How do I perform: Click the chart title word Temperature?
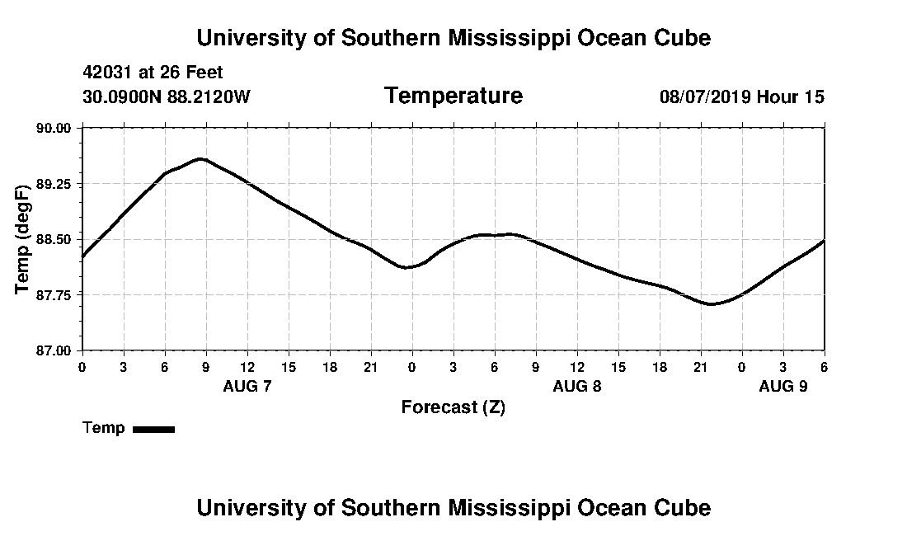coord(453,96)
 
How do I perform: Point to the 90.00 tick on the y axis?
coord(55,128)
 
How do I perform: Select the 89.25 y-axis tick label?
coord(55,183)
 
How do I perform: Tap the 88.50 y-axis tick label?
coord(55,239)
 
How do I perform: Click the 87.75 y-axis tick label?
coord(55,294)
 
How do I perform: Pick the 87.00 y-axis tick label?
coord(55,350)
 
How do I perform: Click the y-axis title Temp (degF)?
coord(23,239)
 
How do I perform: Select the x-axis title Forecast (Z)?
coord(453,407)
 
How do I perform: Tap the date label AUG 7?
coord(247,386)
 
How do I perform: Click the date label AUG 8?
coord(577,386)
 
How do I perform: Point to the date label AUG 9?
coord(783,386)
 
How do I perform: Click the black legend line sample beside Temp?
coord(153,429)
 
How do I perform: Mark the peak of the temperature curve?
coord(200,158)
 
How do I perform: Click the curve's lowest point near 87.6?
coord(711,303)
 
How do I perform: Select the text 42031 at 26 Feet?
coord(153,73)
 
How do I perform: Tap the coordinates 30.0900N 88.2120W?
coord(167,96)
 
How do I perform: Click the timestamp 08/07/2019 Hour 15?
coord(741,96)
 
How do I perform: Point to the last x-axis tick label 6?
coord(824,366)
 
